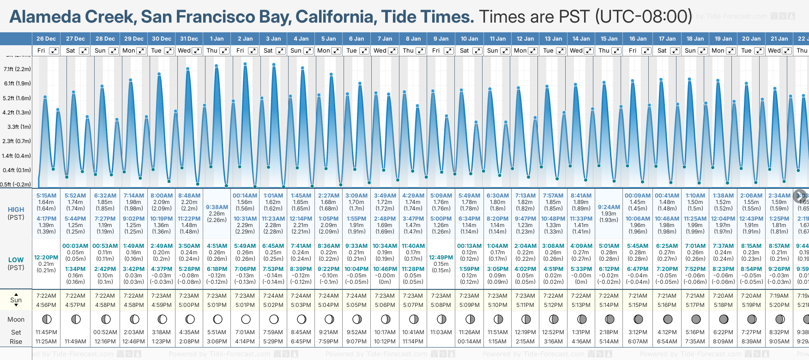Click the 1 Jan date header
coord(217,39)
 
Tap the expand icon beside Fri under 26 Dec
coord(54,51)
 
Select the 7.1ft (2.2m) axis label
coord(17,69)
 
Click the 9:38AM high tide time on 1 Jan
coord(217,207)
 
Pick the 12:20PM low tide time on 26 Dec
coord(46,258)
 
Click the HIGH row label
coord(16,210)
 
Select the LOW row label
coord(16,260)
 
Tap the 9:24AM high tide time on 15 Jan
coord(609,207)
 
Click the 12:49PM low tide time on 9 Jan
coord(441,258)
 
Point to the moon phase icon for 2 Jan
coord(246,319)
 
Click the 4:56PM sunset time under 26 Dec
coord(46,305)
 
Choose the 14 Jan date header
coord(581,39)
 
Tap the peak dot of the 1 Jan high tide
coord(216,66)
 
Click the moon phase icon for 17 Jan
coord(668,319)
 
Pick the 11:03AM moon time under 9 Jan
coord(441,332)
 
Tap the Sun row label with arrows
coord(16,300)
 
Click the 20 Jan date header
coord(751,39)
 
